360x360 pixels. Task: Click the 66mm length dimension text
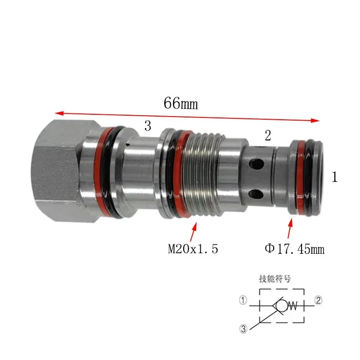tap(181, 103)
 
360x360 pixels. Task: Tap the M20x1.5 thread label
tap(193, 249)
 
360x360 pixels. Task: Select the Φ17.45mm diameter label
tap(295, 249)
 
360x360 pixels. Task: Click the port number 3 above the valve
tap(148, 126)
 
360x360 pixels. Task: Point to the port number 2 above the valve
tap(268, 135)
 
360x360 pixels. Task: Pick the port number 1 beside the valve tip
tap(335, 177)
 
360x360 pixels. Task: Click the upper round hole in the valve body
tap(256, 164)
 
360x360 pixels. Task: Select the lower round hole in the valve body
tap(256, 194)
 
